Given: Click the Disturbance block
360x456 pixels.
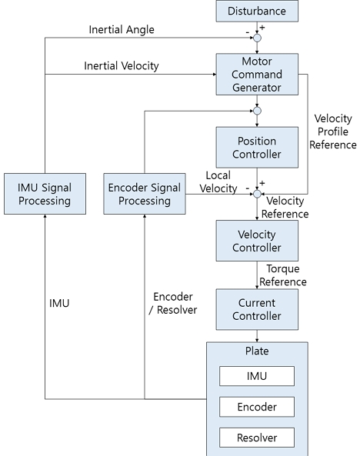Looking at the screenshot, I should [x=257, y=12].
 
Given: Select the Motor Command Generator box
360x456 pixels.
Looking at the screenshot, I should [x=257, y=75].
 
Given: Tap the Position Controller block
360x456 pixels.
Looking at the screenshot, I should [x=257, y=148].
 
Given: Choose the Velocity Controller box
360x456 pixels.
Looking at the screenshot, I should [x=257, y=241].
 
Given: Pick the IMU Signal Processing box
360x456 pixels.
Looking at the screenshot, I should [x=45, y=194].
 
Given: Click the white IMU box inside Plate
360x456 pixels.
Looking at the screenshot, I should [x=257, y=376].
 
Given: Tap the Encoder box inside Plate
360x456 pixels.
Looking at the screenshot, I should [x=257, y=407].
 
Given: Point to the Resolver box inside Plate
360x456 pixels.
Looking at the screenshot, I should [x=257, y=438].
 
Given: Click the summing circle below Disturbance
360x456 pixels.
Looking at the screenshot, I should [x=257, y=38].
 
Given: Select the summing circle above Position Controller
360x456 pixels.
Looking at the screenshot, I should [x=257, y=111].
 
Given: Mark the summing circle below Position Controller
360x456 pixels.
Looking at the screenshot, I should [x=257, y=194].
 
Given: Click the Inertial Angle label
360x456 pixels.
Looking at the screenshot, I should [x=122, y=30].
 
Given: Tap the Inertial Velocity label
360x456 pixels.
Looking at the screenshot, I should [x=122, y=66].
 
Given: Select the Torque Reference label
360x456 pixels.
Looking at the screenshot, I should [x=286, y=275].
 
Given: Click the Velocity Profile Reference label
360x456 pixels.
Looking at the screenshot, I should [x=333, y=131].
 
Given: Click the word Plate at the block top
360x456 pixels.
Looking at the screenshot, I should [x=257, y=353].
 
